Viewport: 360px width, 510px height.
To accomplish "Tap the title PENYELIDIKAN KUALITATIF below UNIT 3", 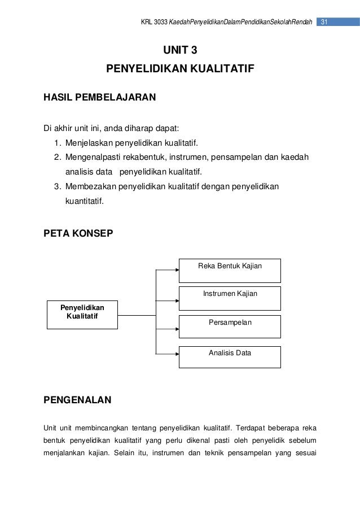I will click(x=181, y=70).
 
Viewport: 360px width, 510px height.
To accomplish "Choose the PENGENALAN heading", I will click(x=77, y=400).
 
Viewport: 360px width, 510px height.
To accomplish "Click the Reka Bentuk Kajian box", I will click(x=230, y=271).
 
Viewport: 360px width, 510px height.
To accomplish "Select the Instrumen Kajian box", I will click(x=230, y=298).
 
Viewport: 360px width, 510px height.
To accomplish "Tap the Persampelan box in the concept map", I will click(x=230, y=326).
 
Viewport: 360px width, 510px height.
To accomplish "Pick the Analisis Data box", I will click(x=230, y=357).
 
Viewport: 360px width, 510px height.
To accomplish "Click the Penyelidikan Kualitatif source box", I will click(x=82, y=314).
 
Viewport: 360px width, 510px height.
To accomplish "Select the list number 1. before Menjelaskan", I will click(x=58, y=142).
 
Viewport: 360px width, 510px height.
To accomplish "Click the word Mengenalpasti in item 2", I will click(x=93, y=156).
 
